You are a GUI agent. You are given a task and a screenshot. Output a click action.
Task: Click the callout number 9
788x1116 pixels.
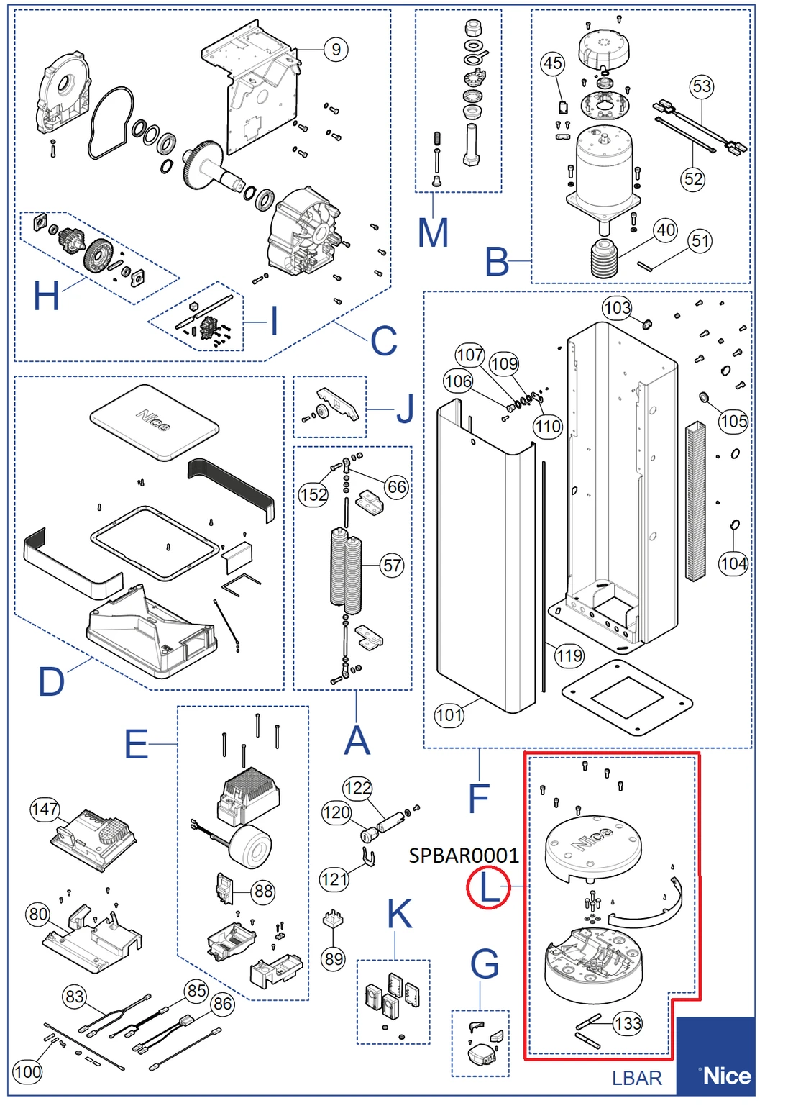point(336,50)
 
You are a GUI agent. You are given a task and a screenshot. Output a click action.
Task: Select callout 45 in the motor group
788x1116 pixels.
point(552,63)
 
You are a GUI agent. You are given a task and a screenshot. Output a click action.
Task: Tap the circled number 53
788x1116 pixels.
point(702,87)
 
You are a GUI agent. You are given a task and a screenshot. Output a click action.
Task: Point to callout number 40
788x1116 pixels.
point(666,230)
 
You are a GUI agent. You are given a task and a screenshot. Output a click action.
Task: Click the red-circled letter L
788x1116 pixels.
point(488,888)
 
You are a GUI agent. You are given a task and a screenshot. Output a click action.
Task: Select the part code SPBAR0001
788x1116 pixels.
point(463,856)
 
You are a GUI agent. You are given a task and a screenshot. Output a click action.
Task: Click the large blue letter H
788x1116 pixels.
point(47,296)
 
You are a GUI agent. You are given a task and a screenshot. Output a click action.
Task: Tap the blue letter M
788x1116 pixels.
point(433,233)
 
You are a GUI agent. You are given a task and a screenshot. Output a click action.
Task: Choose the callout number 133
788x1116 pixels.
point(628,1023)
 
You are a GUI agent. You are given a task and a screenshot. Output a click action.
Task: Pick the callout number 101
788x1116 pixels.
point(449,714)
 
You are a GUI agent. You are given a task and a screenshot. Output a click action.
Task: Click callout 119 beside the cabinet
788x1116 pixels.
point(569,655)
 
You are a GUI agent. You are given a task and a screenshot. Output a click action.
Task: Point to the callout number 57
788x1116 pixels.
point(393,566)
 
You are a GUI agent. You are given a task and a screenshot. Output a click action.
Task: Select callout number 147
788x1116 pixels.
point(45,809)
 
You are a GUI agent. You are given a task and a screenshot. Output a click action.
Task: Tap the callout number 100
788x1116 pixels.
point(27,1071)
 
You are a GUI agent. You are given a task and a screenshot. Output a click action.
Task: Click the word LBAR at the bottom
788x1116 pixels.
point(636,1078)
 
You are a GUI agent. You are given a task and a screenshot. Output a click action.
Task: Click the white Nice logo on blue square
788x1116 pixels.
point(726,1076)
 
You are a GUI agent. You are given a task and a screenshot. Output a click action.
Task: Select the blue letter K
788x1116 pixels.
point(400,915)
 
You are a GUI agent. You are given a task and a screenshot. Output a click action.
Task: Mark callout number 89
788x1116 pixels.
point(334,958)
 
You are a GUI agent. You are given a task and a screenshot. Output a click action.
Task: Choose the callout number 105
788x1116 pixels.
point(733,421)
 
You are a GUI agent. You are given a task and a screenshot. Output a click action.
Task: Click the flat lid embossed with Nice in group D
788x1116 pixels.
point(155,423)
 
